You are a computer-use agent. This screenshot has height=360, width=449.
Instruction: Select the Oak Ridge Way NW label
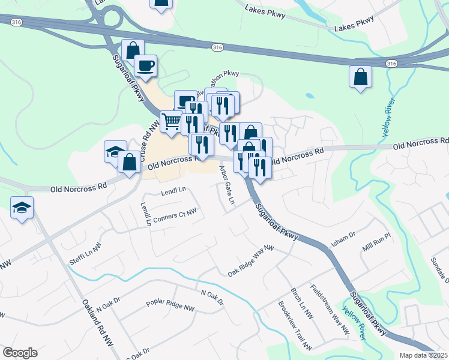coord(250,262)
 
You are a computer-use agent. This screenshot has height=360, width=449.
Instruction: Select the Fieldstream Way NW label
coord(329,308)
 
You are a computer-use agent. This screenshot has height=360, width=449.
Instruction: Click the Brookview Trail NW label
coord(295,325)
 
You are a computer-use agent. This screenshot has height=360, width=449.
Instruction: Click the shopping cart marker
coord(172,121)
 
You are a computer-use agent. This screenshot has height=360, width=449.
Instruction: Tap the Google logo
coord(20,353)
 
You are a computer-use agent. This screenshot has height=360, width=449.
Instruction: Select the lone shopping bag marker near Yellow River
coord(360,77)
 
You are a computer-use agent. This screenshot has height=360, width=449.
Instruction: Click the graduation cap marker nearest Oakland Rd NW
coord(22,208)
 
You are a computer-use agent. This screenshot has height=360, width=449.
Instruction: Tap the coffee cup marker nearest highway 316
coord(145,65)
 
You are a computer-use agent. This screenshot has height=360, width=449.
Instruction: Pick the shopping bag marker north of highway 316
coord(160,4)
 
